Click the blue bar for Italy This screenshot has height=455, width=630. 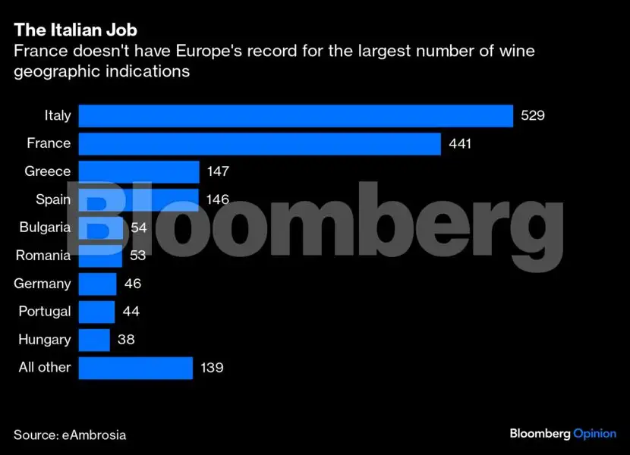296,116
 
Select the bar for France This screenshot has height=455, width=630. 260,144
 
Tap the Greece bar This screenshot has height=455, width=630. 139,172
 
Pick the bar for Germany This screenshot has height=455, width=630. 97,284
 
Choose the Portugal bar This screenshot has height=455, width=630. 96,312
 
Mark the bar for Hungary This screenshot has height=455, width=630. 94,340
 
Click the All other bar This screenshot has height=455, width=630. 135,368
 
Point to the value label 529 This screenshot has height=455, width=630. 534,116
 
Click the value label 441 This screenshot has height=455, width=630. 460,144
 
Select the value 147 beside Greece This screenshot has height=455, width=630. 217,172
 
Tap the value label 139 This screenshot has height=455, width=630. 211,368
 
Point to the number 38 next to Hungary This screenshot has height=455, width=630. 126,340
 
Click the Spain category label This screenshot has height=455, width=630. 53,200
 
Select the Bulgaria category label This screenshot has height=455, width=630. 45,227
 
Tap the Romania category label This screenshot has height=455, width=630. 43,256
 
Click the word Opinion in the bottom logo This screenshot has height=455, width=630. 595,433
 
